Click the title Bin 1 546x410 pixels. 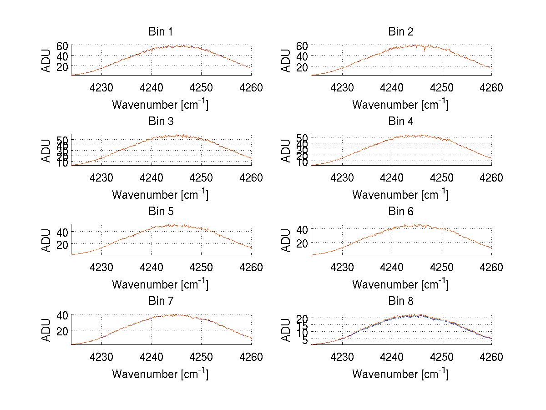point(160,32)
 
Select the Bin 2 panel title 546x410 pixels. point(400,32)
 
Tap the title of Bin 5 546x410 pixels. point(160,212)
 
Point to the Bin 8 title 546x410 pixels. point(400,301)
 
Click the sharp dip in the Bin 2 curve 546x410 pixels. point(425,51)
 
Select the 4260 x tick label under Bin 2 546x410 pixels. point(491,88)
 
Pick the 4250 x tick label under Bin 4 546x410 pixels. point(441,177)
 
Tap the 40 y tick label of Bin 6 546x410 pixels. point(302,229)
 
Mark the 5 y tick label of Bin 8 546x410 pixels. point(305,340)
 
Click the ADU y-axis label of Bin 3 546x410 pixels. point(47,151)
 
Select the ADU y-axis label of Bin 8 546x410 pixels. point(287,330)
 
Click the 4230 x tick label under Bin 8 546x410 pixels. point(342,357)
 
